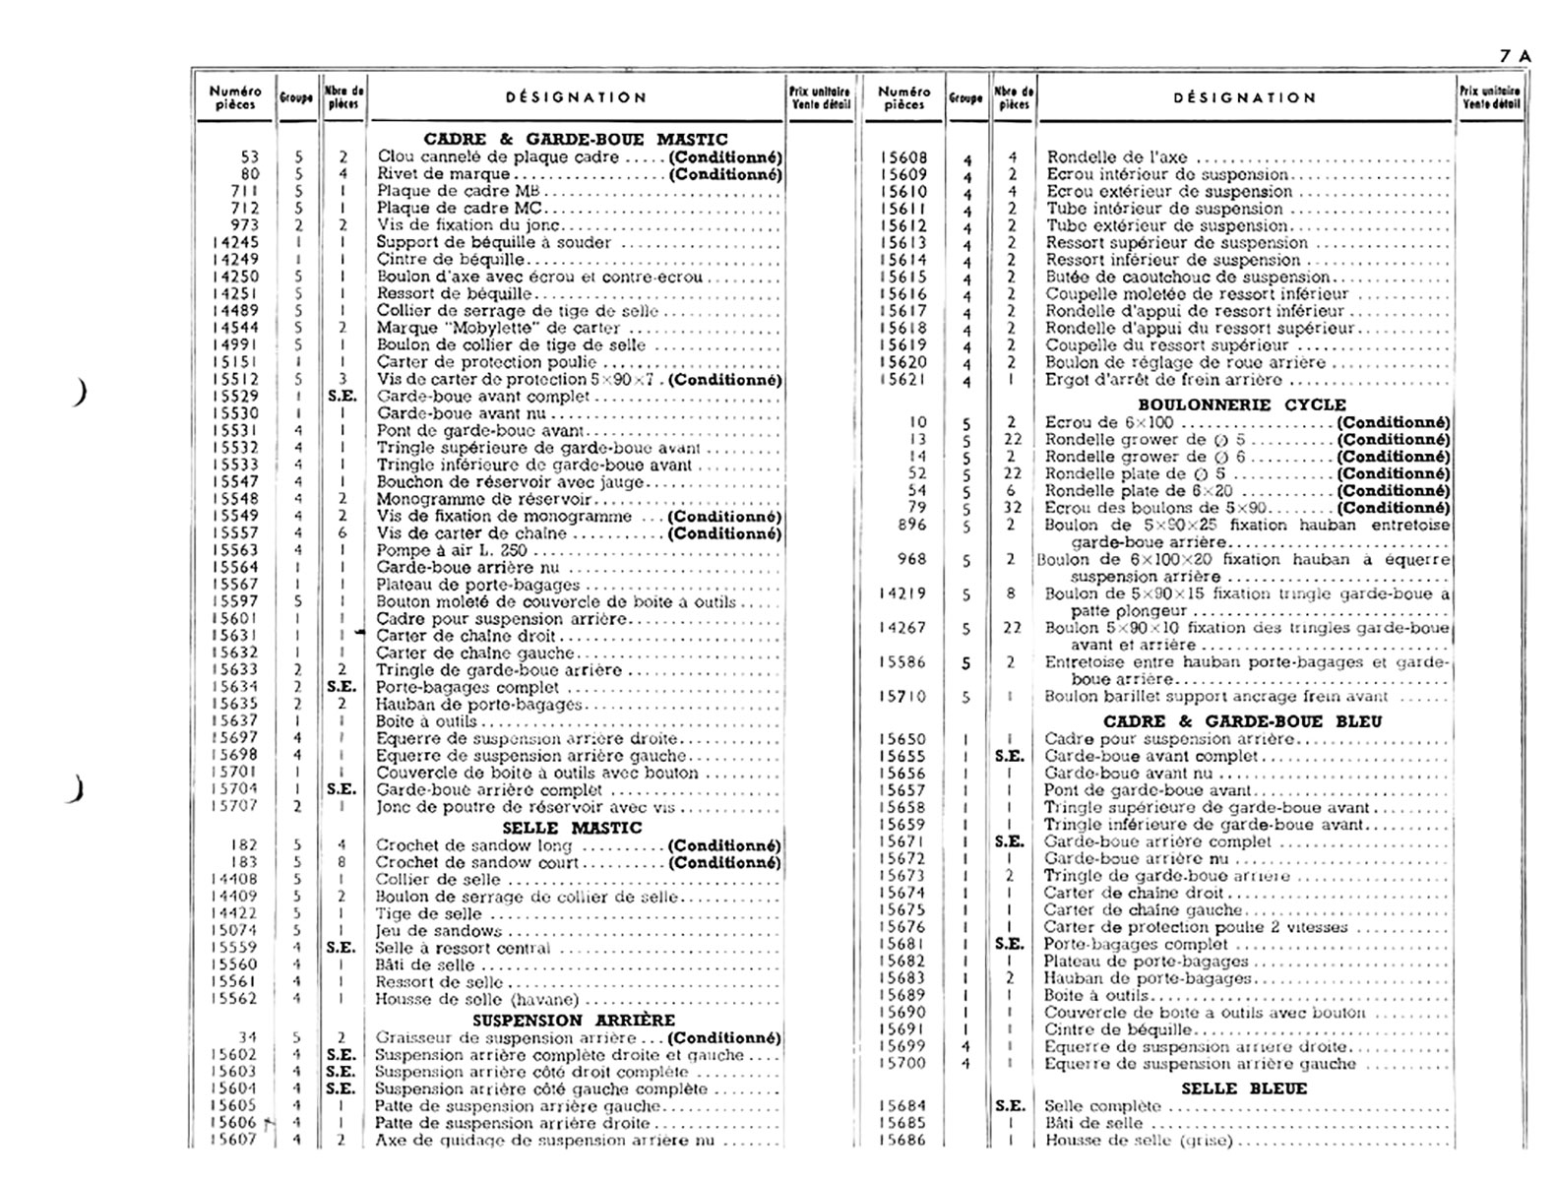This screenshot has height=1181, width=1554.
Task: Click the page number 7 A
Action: [x=1515, y=56]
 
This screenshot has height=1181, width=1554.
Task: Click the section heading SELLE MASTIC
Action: [x=572, y=828]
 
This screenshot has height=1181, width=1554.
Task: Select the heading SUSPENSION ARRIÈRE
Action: [x=574, y=1020]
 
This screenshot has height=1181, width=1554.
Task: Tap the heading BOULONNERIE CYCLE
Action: [x=1242, y=404]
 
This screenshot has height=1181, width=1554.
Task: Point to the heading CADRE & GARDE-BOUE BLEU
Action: [x=1242, y=721]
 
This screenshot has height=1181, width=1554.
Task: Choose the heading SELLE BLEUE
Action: [x=1243, y=1088]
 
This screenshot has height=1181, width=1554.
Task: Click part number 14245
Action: [x=236, y=242]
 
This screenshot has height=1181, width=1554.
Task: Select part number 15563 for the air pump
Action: [x=236, y=550]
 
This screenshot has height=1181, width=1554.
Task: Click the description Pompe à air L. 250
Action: [x=452, y=550]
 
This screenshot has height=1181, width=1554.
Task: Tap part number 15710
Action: [x=903, y=697]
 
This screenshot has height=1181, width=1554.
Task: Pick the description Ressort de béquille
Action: [x=455, y=293]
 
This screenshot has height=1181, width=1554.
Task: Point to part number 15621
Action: [x=903, y=380]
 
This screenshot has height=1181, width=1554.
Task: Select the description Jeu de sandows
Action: [x=439, y=931]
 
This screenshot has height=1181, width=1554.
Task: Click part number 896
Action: [x=911, y=526]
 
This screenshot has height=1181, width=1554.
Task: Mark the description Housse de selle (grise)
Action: [x=1138, y=1141]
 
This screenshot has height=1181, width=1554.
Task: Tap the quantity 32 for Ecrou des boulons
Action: [x=1012, y=508]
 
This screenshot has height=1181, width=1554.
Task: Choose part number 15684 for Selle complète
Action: [x=902, y=1106]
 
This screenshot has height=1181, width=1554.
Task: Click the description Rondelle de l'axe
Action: [x=1117, y=157]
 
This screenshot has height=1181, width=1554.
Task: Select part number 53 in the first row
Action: [x=250, y=157]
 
